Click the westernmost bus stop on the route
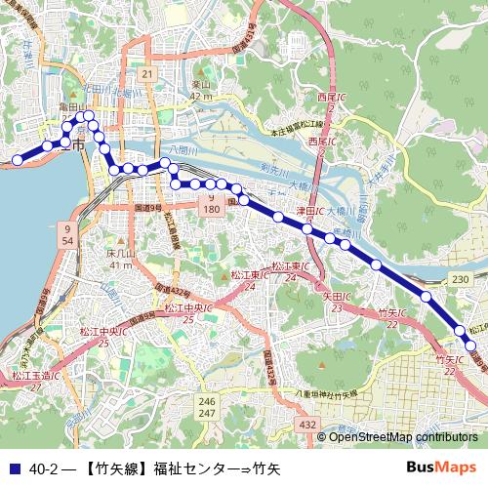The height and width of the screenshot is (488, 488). (x=17, y=159)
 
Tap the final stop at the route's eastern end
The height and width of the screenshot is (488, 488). (x=470, y=345)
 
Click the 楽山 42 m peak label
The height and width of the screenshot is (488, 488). (x=202, y=91)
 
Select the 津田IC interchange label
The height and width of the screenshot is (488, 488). (x=309, y=210)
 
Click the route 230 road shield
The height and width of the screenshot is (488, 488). (x=461, y=280)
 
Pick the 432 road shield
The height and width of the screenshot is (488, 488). (x=308, y=425)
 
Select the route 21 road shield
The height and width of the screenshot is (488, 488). (x=147, y=74)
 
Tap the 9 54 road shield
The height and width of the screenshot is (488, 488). (x=67, y=234)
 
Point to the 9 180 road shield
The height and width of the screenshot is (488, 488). (x=210, y=204)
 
